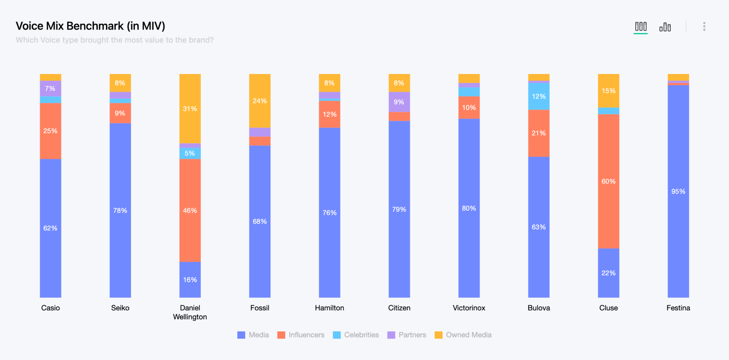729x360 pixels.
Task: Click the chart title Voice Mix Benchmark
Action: tap(90, 26)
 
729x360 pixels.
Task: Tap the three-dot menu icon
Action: tap(704, 26)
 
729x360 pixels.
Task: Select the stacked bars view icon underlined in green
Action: tap(641, 26)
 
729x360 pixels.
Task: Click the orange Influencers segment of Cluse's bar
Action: tap(608, 181)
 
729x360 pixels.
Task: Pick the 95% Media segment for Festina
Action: tap(678, 191)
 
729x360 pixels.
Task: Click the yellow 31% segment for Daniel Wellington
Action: tap(190, 109)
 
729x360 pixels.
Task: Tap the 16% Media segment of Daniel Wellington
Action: tap(190, 280)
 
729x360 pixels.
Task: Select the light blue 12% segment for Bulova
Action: tap(539, 96)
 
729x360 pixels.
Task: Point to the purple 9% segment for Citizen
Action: tap(399, 102)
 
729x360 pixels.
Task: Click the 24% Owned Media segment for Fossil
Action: tap(259, 101)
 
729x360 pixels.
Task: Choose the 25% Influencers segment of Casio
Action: tap(50, 131)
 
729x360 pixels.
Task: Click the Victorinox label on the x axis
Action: tap(469, 308)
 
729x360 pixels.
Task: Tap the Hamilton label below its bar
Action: tap(329, 308)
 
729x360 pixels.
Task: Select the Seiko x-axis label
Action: tap(120, 308)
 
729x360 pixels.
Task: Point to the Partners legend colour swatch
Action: tap(391, 335)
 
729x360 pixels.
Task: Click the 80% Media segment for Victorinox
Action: tap(469, 208)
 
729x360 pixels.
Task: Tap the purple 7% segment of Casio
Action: tap(50, 88)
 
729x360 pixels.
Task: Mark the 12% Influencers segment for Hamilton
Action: tap(329, 114)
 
